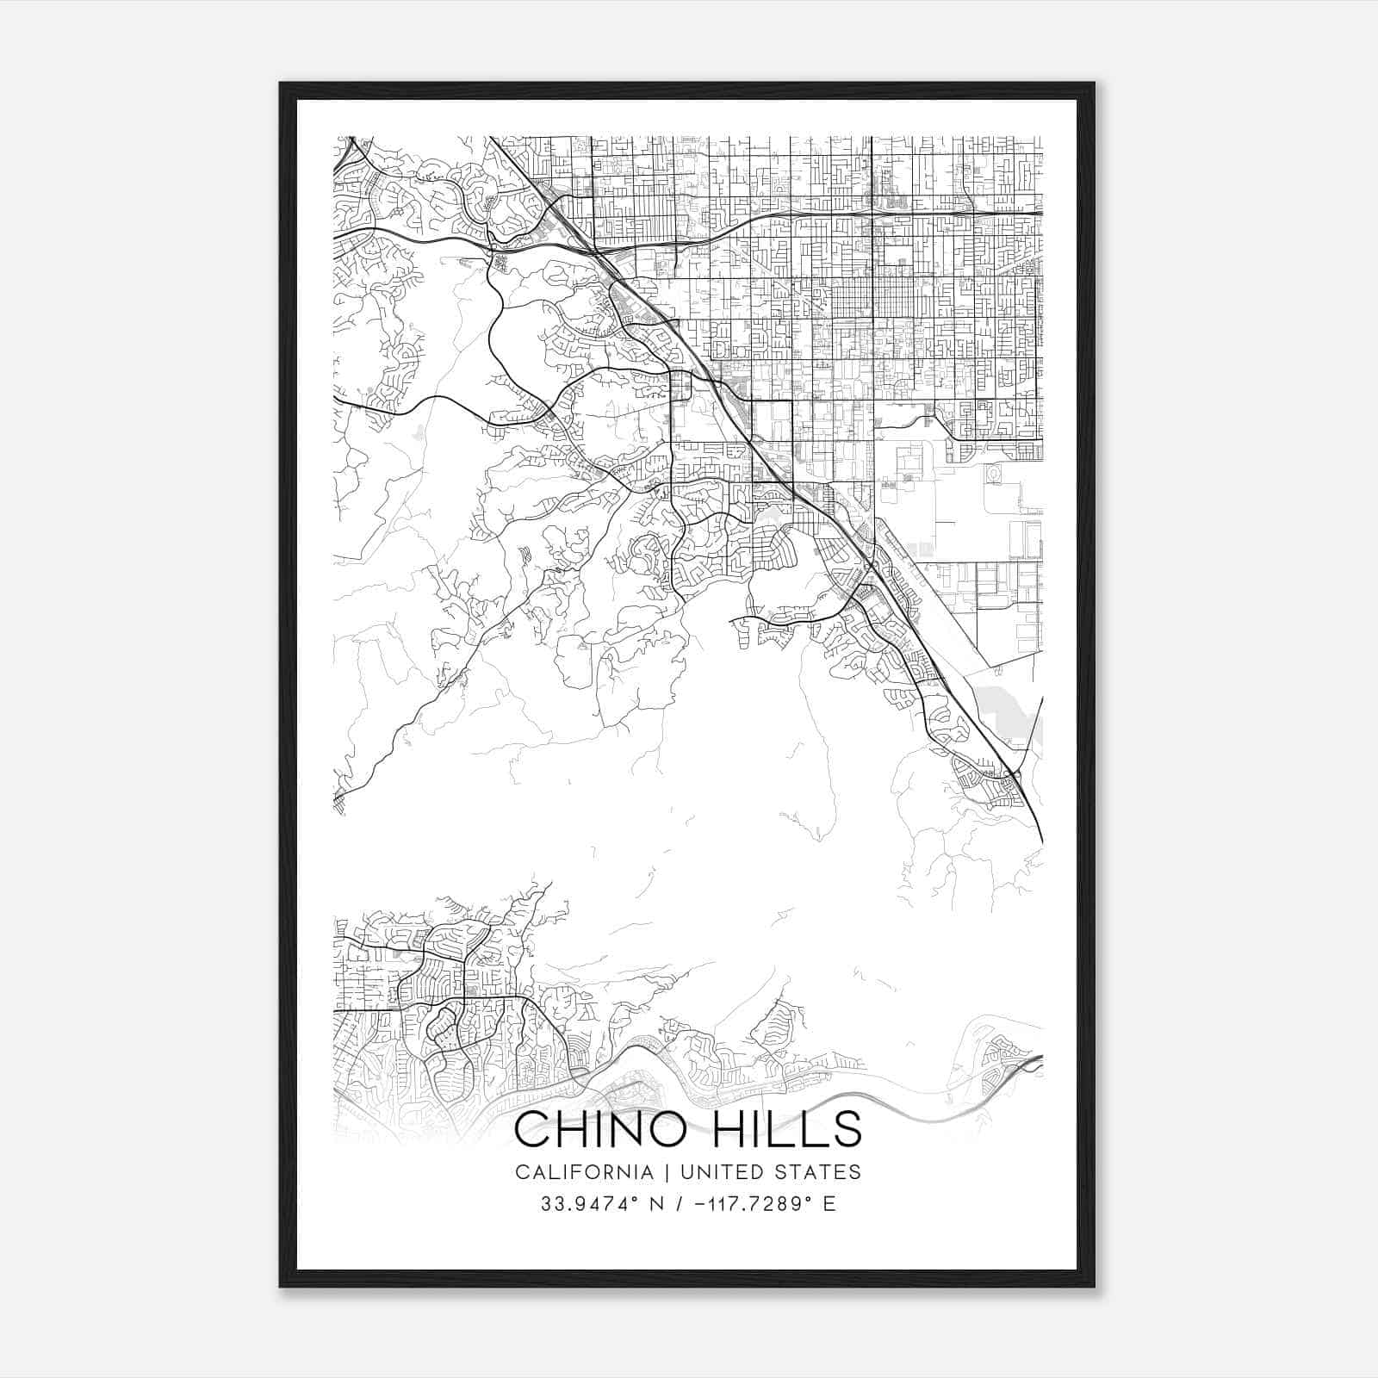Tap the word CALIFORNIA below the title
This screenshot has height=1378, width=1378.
pos(584,1172)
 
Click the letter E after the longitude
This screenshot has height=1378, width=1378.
pos(829,1204)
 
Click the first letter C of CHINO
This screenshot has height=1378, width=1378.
pos(531,1129)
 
